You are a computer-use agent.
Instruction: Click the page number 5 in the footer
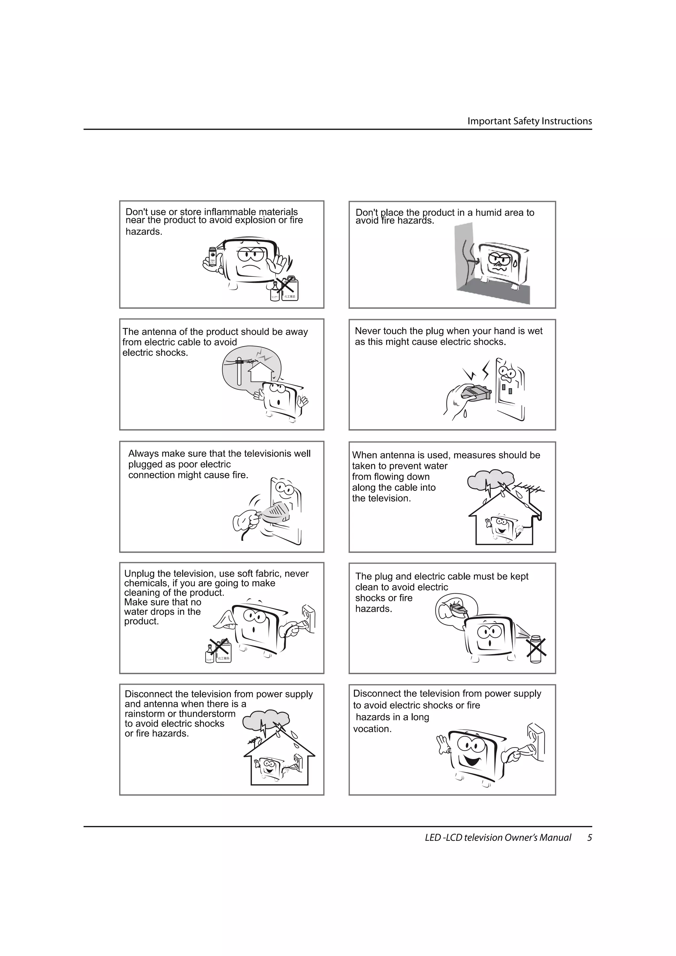coord(590,837)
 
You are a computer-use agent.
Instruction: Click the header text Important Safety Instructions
coord(529,121)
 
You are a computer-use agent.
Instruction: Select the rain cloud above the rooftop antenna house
coord(490,480)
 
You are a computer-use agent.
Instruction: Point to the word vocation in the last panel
coord(372,729)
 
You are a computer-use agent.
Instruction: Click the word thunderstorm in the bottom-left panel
coord(207,714)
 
